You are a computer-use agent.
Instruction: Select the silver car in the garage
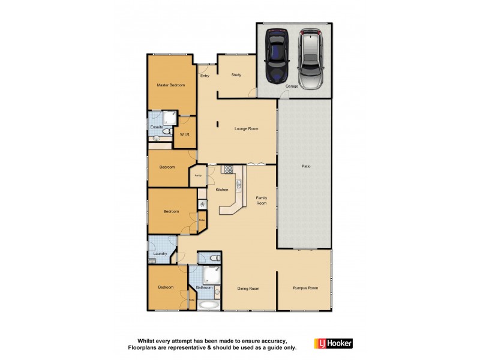click(x=311, y=58)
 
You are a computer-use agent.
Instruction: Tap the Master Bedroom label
click(x=171, y=85)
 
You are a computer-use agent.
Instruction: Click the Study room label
click(x=236, y=75)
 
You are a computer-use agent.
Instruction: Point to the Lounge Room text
click(x=246, y=128)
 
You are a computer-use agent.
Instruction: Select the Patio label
click(x=305, y=166)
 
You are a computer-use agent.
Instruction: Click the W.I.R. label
click(x=185, y=134)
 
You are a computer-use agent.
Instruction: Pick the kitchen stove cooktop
click(x=228, y=169)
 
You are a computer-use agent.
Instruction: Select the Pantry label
click(x=197, y=176)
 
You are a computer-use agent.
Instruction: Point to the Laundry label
click(x=160, y=254)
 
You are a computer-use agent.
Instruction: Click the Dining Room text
click(x=248, y=289)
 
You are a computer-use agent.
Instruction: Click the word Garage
click(x=292, y=86)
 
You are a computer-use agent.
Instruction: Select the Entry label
click(x=205, y=76)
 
